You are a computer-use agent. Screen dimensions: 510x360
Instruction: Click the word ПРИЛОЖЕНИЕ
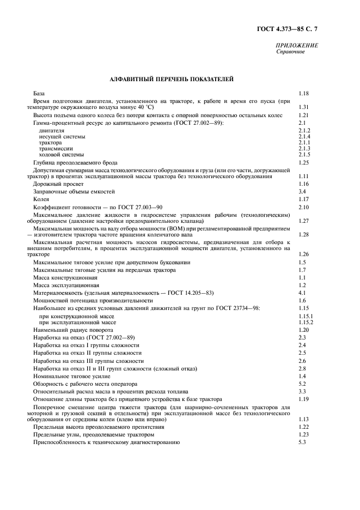tap(297, 46)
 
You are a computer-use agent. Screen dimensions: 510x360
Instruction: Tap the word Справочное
tap(291, 52)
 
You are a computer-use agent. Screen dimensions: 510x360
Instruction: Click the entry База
tap(39, 94)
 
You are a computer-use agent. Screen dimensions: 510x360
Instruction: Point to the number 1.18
tap(303, 94)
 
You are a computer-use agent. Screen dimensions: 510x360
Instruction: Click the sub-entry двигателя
tap(51, 131)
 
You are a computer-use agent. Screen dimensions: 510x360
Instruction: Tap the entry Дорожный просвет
tap(59, 184)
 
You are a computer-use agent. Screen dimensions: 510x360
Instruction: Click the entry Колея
tap(41, 199)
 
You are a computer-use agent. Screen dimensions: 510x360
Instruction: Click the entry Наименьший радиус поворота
tap(73, 330)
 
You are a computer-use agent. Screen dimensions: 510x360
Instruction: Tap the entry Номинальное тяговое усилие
tap(71, 376)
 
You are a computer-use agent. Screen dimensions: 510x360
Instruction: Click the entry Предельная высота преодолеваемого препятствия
tap(99, 427)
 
